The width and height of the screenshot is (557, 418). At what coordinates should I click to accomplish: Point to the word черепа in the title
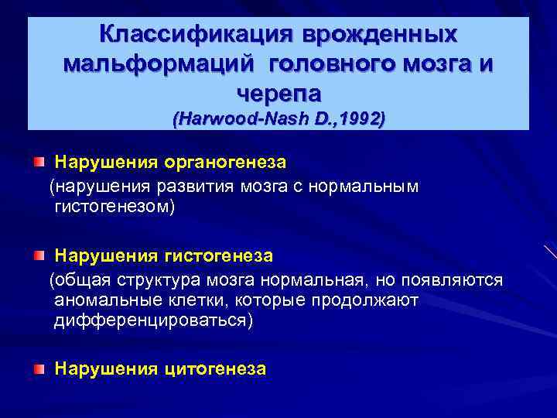point(278,93)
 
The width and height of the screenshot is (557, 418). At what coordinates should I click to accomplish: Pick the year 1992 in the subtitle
point(361,120)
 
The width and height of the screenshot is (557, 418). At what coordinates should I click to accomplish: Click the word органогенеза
point(225,163)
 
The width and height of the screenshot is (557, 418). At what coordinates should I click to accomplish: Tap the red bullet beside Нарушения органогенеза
point(39,163)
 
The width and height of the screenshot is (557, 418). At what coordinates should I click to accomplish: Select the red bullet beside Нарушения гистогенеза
point(39,255)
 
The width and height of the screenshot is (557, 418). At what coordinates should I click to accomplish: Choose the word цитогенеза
point(216,369)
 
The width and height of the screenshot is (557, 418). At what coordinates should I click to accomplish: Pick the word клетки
point(195,300)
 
